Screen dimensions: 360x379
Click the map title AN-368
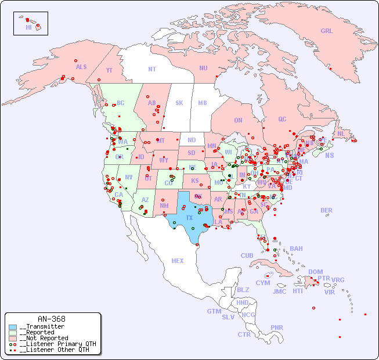click(x=51, y=319)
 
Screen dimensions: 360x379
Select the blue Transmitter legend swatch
click(x=13, y=326)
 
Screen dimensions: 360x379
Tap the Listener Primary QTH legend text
click(x=57, y=344)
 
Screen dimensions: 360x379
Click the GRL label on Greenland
click(x=327, y=31)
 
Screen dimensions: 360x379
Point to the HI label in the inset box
click(x=28, y=27)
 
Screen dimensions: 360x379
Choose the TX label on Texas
click(x=189, y=218)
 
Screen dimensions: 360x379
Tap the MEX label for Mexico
click(x=178, y=261)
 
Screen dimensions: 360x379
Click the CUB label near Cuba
click(x=247, y=255)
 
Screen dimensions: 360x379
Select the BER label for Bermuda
click(x=327, y=210)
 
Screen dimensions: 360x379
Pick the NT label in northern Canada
click(x=151, y=69)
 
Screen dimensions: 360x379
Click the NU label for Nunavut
click(x=203, y=68)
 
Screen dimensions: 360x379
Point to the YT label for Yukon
click(x=109, y=70)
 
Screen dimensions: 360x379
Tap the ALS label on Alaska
click(x=81, y=67)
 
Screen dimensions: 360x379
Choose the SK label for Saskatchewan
click(x=179, y=103)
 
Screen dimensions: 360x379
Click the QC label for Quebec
click(x=282, y=119)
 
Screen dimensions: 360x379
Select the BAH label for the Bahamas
click(x=296, y=249)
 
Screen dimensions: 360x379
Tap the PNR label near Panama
click(x=277, y=327)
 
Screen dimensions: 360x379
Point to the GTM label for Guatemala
click(x=214, y=311)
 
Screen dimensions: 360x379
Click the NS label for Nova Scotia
click(x=329, y=155)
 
